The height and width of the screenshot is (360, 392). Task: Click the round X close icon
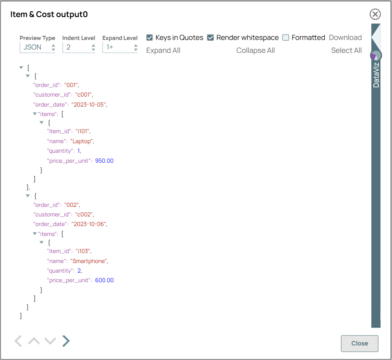(x=375, y=15)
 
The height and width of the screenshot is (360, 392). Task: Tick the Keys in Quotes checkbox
(x=150, y=37)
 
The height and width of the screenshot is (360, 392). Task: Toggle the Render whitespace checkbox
(x=211, y=37)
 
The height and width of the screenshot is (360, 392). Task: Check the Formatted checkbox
(x=286, y=37)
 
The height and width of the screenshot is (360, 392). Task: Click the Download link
(x=345, y=37)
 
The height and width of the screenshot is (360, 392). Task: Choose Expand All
(x=163, y=50)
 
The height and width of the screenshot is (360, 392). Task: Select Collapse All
(x=255, y=50)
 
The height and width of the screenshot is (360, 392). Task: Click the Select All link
(x=346, y=50)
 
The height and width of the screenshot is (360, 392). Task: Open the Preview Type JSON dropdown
(x=37, y=47)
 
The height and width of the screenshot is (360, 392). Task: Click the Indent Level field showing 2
(x=79, y=47)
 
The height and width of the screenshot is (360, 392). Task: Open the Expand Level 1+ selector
(x=120, y=47)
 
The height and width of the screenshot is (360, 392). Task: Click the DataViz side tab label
(x=376, y=75)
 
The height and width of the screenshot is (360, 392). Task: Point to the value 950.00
(x=104, y=161)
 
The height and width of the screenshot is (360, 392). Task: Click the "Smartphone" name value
(x=89, y=261)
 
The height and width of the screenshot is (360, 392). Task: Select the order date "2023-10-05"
(x=89, y=104)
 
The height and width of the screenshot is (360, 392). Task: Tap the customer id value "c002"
(x=84, y=214)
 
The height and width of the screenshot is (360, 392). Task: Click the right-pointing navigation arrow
(x=66, y=341)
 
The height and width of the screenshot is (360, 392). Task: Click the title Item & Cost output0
(x=49, y=15)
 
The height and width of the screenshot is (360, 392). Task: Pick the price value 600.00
(x=104, y=281)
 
